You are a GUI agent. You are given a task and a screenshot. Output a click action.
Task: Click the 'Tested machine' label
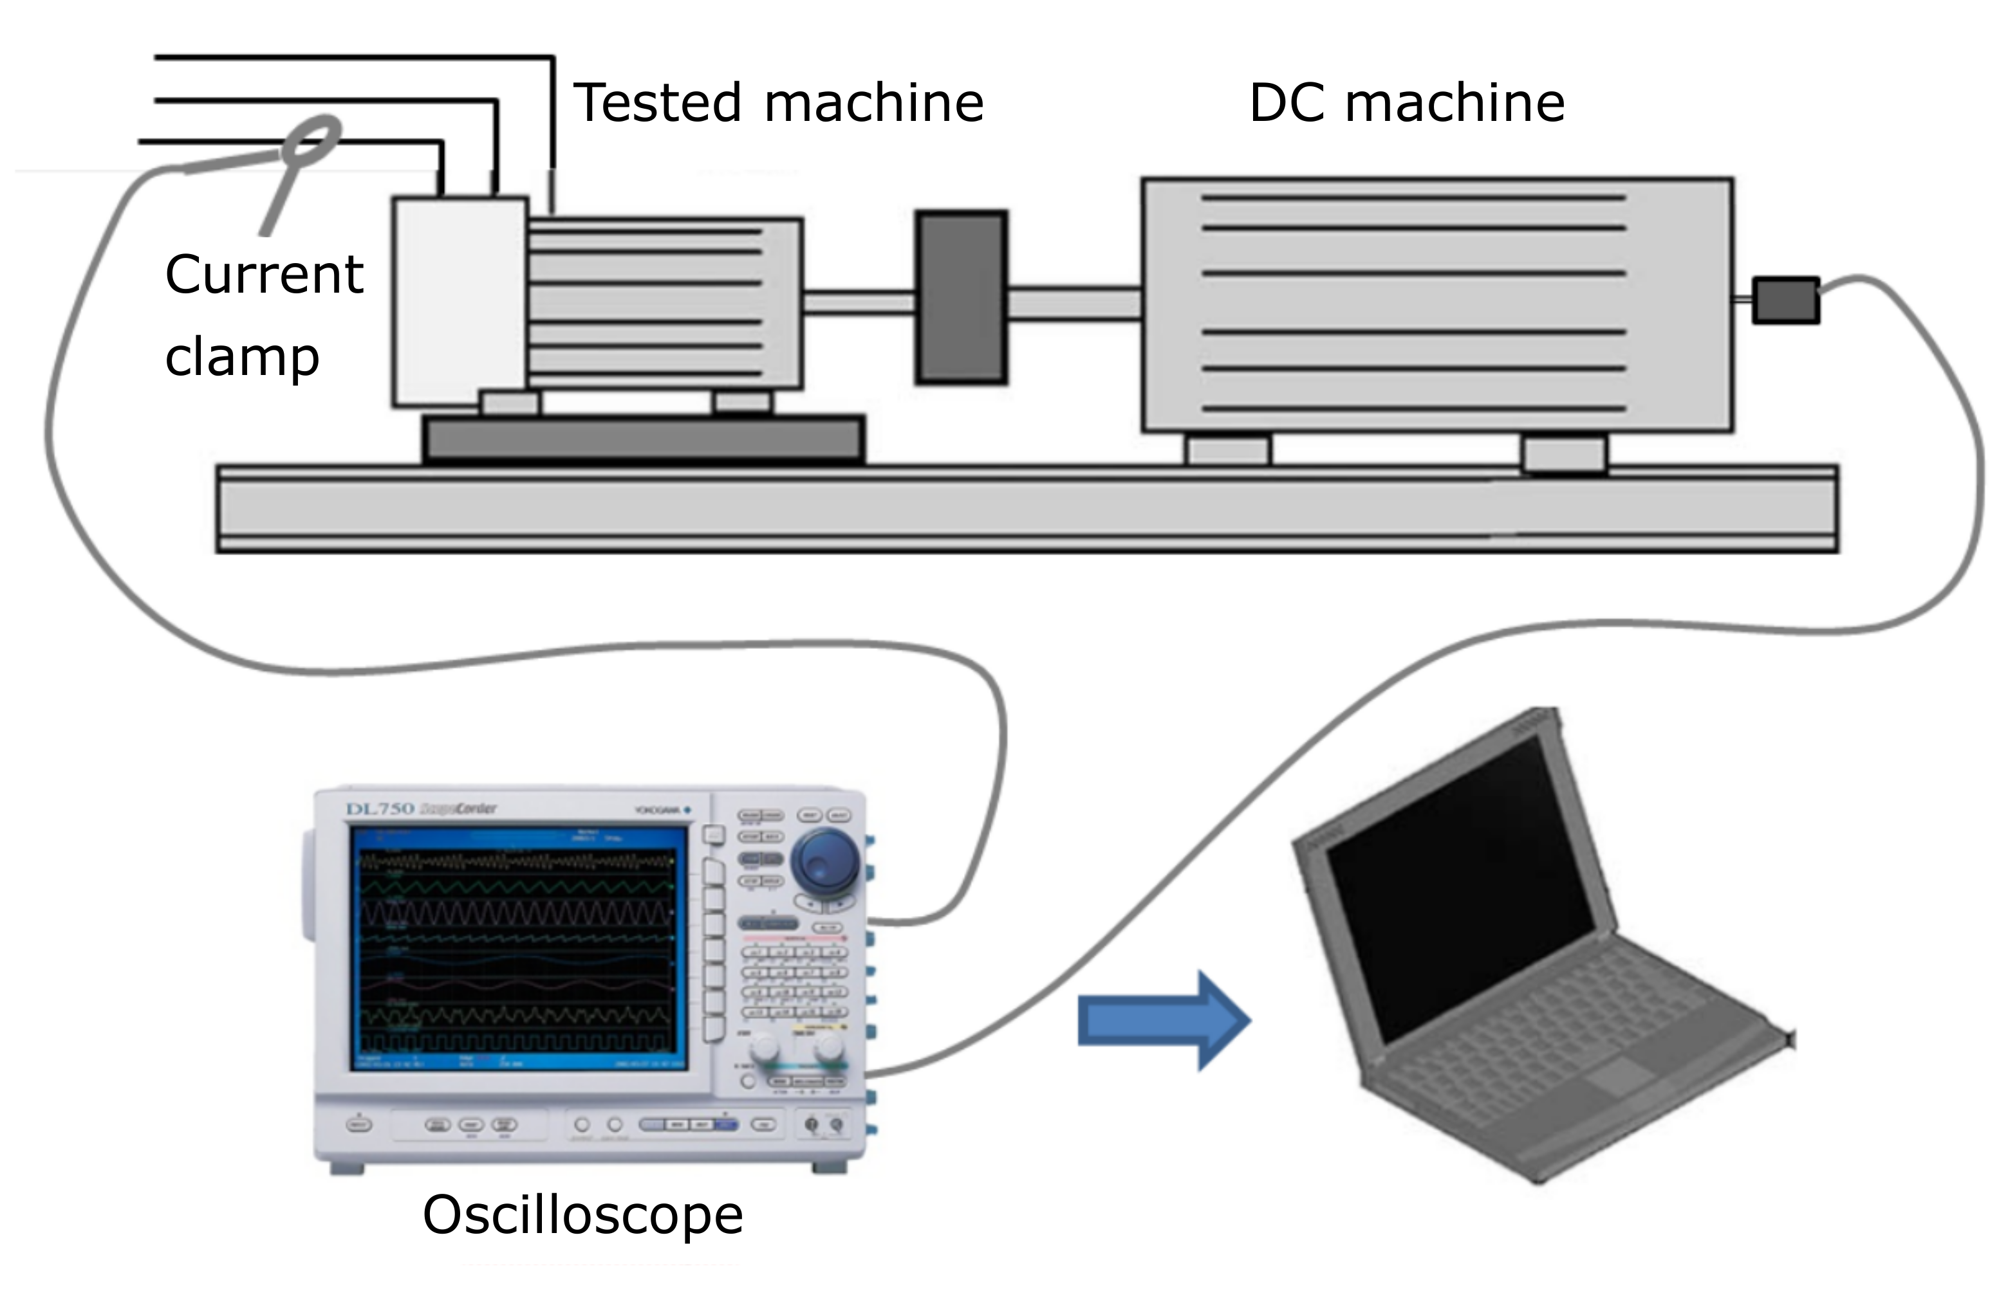779,103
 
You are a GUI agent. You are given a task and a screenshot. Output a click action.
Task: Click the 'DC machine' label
1407,103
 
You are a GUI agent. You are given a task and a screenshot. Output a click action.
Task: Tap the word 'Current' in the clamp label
264,275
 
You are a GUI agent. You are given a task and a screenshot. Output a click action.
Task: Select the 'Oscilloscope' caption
583,1214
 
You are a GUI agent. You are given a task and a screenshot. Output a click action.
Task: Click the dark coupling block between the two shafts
962,298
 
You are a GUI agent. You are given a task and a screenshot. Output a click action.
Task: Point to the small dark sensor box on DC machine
1785,300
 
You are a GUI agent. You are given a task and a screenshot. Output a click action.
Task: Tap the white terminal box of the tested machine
460,301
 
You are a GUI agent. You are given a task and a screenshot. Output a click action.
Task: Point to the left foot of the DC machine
1229,450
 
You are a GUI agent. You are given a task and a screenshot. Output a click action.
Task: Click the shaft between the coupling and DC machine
1074,302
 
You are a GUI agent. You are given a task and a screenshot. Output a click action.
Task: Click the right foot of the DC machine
1563,453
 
